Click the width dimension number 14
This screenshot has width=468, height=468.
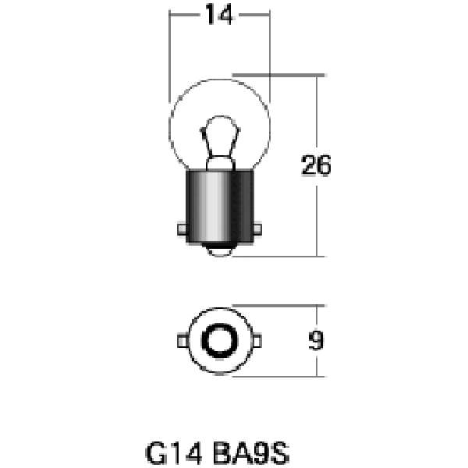tap(220, 15)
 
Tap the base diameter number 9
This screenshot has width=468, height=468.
tap(317, 342)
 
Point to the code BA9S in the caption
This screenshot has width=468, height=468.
tap(253, 452)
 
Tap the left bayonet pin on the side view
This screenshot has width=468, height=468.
tap(181, 229)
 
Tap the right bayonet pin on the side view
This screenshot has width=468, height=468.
tap(257, 229)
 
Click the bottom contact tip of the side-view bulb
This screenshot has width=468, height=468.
tap(219, 251)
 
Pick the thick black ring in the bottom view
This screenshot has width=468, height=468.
tap(219, 341)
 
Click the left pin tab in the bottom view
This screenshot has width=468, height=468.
tap(181, 341)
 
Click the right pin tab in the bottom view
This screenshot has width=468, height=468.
tap(257, 341)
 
